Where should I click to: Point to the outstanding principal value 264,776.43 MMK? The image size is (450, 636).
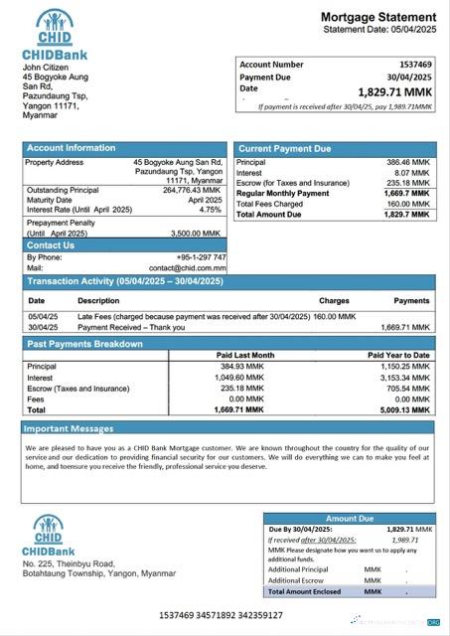pos(192,190)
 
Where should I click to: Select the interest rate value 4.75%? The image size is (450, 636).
pos(210,210)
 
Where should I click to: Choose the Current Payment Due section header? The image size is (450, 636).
pos(285,148)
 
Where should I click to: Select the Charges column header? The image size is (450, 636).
pos(334,299)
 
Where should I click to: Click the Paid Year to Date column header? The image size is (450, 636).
pos(398,355)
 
